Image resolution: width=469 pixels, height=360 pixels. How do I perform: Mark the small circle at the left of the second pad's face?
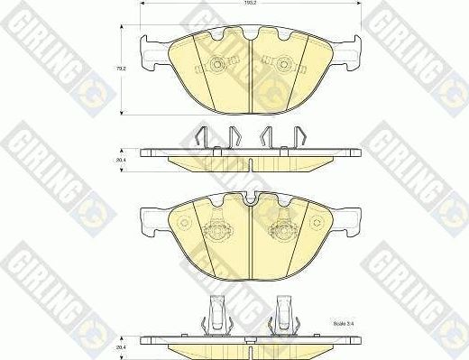184,221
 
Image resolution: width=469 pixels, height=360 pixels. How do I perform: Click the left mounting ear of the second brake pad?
150,216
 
